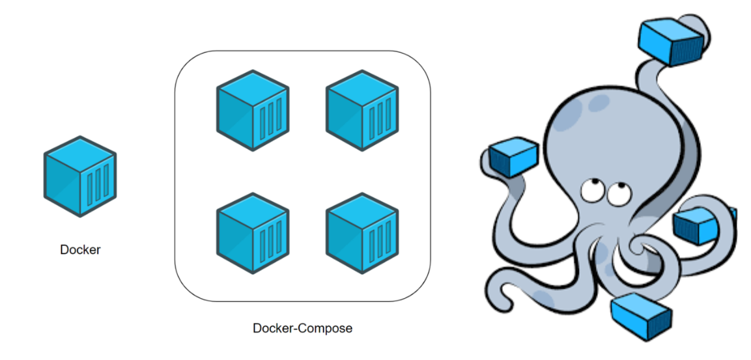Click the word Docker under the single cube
point(80,249)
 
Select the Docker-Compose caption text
point(302,328)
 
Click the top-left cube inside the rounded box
point(252,111)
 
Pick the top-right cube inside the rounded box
point(361,111)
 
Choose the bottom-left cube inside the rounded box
point(252,232)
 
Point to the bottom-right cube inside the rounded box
point(361,232)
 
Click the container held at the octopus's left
point(513,157)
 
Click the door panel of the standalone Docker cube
point(98,187)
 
